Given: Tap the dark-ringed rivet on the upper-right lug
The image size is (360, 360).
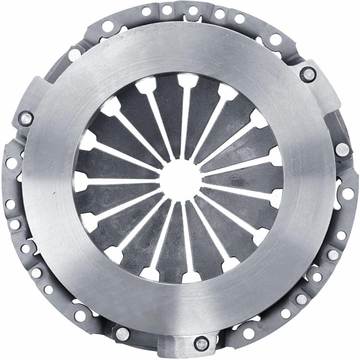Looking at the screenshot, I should (x=307, y=74).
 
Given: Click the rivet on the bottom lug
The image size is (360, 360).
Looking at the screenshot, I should (x=200, y=343).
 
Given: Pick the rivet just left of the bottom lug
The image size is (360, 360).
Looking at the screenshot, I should (x=122, y=333).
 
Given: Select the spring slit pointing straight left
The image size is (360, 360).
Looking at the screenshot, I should (x=120, y=182).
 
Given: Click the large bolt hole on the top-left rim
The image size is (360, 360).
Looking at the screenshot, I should (x=107, y=25).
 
